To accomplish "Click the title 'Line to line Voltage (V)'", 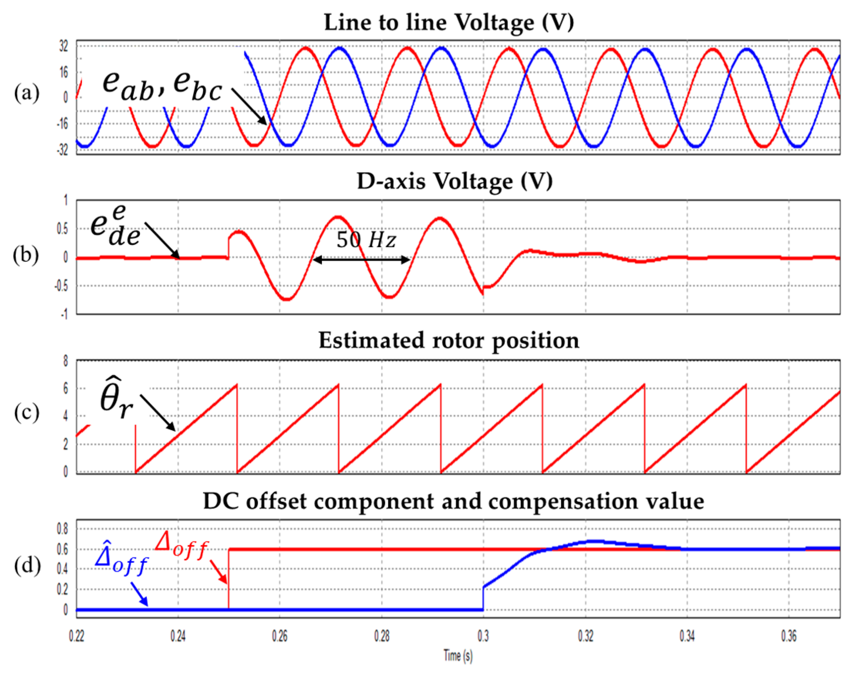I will coord(449,22).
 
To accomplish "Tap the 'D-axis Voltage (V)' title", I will coord(454,182).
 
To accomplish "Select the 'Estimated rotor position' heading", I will coord(449,341).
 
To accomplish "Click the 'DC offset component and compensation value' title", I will coord(453,501).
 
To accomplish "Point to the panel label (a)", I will coord(27,94).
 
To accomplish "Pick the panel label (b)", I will coord(26,255).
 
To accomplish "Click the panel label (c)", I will coord(27,413).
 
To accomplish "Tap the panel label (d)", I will coord(27,565).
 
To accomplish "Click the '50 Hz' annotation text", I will coord(365,240).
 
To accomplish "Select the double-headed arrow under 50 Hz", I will coord(361,260).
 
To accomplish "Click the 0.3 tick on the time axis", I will coord(483,636).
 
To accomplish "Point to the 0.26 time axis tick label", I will coord(279,636).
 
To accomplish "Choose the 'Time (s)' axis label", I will coord(458,656).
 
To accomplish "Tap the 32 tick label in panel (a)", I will coord(64,47).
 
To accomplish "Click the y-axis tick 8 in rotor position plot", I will coord(66,361).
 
